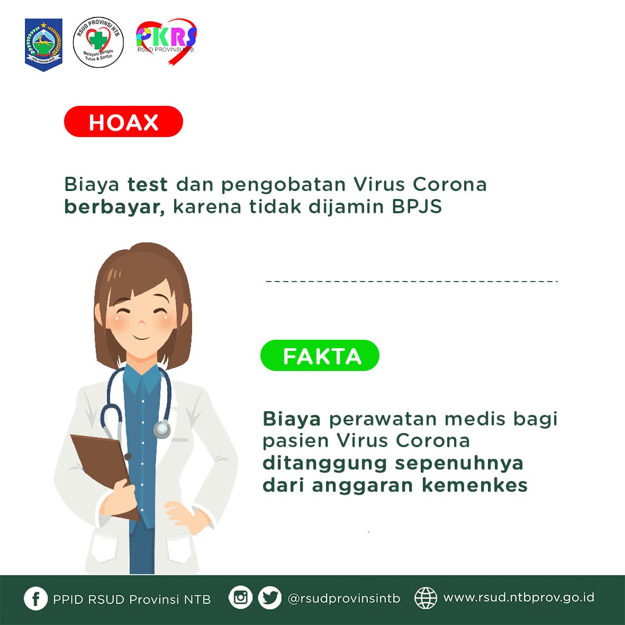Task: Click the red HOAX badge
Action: pyautogui.click(x=123, y=122)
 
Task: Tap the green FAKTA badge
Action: pyautogui.click(x=320, y=355)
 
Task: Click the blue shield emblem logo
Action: pyautogui.click(x=43, y=44)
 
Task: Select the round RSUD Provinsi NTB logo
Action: pyautogui.click(x=98, y=42)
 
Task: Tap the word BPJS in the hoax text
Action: pyautogui.click(x=416, y=206)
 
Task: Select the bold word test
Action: pyautogui.click(x=148, y=185)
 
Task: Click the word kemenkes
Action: pyautogui.click(x=475, y=485)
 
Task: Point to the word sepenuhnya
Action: pyautogui.click(x=459, y=464)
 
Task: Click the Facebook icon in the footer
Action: pyautogui.click(x=35, y=599)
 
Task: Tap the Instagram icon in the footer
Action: pyautogui.click(x=240, y=597)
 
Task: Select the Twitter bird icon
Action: pyautogui.click(x=270, y=597)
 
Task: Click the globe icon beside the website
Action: pyautogui.click(x=425, y=598)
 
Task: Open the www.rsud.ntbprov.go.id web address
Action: pyautogui.click(x=519, y=598)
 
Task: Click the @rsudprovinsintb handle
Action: pyautogui.click(x=343, y=599)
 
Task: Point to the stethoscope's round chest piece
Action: pyautogui.click(x=162, y=429)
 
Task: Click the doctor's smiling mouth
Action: pyautogui.click(x=141, y=338)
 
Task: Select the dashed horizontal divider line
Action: pyautogui.click(x=412, y=282)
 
